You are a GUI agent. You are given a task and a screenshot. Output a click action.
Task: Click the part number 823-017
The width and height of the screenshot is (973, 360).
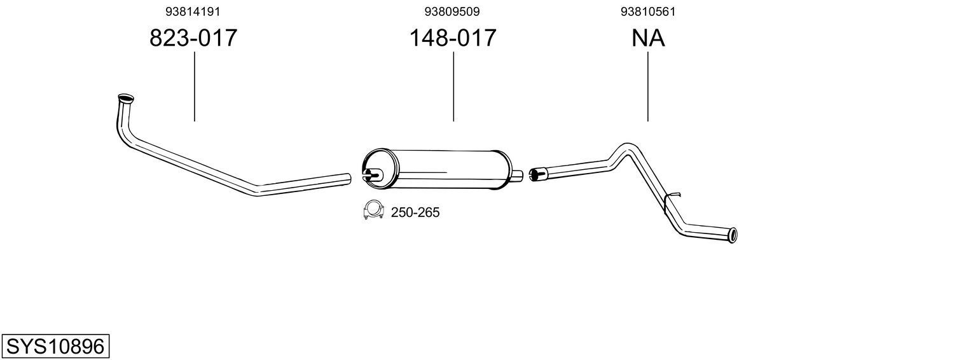point(193,38)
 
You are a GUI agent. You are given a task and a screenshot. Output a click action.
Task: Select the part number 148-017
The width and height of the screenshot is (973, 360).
point(452,38)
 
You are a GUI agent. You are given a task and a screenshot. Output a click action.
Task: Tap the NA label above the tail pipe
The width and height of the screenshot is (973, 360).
point(648,38)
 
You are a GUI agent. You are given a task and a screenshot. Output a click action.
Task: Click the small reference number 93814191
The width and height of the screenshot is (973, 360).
point(193,11)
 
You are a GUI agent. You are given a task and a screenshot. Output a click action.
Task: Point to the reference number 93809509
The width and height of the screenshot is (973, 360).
point(452,11)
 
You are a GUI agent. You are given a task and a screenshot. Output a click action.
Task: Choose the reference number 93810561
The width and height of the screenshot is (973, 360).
point(648,11)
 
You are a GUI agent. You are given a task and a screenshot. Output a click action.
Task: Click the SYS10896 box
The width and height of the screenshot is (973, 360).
point(55,347)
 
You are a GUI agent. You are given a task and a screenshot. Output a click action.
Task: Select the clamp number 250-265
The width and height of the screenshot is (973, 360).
point(415,212)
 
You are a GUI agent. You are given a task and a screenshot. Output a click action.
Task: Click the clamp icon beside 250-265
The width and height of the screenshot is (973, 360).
point(373,211)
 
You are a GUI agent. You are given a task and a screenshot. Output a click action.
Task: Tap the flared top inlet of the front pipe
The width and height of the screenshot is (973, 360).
point(126,99)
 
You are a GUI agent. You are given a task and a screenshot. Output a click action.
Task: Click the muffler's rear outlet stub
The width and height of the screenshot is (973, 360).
point(518,174)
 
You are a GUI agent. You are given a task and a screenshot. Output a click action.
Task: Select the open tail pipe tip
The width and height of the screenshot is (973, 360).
point(733,235)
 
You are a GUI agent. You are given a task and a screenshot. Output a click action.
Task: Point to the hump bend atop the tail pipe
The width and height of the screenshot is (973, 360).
point(625,148)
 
